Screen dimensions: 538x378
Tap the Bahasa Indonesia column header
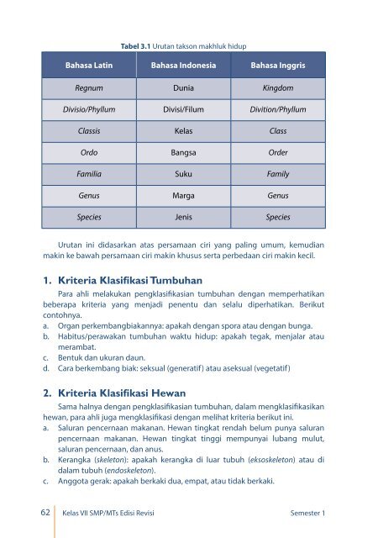(183, 65)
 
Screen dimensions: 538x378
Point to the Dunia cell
(183, 87)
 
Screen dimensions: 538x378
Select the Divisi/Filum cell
(183, 109)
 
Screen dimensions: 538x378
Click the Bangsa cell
(183, 153)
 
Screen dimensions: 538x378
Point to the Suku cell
(183, 174)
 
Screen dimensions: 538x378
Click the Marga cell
(183, 195)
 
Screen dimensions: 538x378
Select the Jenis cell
(183, 217)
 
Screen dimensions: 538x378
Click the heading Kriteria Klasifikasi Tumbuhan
(134, 280)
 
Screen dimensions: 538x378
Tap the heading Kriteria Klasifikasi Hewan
(126, 393)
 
